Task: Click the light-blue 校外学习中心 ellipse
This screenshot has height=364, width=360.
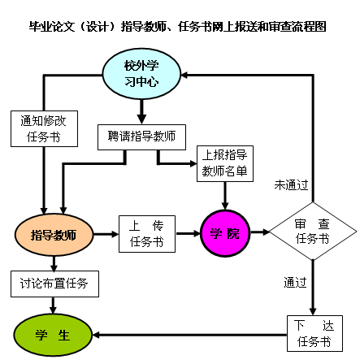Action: click(141, 74)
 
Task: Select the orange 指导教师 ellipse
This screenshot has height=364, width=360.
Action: click(54, 235)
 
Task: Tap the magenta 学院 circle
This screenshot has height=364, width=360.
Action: click(225, 233)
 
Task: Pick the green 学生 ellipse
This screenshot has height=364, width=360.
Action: click(53, 335)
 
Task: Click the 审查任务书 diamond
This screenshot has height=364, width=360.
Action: click(313, 232)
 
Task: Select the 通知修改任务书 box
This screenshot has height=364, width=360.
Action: click(44, 128)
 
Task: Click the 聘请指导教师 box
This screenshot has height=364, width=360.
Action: click(141, 137)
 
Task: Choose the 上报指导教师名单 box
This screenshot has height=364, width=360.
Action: click(225, 163)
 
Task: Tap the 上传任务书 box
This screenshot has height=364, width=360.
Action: click(147, 234)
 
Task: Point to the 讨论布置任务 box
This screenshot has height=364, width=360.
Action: click(54, 284)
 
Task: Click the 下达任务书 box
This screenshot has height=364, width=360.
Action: click(314, 334)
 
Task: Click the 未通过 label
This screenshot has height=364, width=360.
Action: click(291, 185)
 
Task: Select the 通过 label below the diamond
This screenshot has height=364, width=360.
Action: click(295, 283)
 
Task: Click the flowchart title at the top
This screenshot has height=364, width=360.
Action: click(177, 27)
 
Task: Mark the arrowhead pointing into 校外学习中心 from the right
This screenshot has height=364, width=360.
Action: click(184, 75)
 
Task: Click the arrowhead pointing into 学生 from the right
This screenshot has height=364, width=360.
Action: click(96, 335)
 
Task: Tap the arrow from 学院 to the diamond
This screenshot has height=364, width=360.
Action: click(260, 232)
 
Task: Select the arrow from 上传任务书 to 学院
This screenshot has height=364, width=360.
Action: click(189, 233)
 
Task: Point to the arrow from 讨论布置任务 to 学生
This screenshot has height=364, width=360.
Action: click(53, 305)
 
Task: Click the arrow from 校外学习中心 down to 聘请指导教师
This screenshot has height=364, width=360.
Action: click(141, 112)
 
